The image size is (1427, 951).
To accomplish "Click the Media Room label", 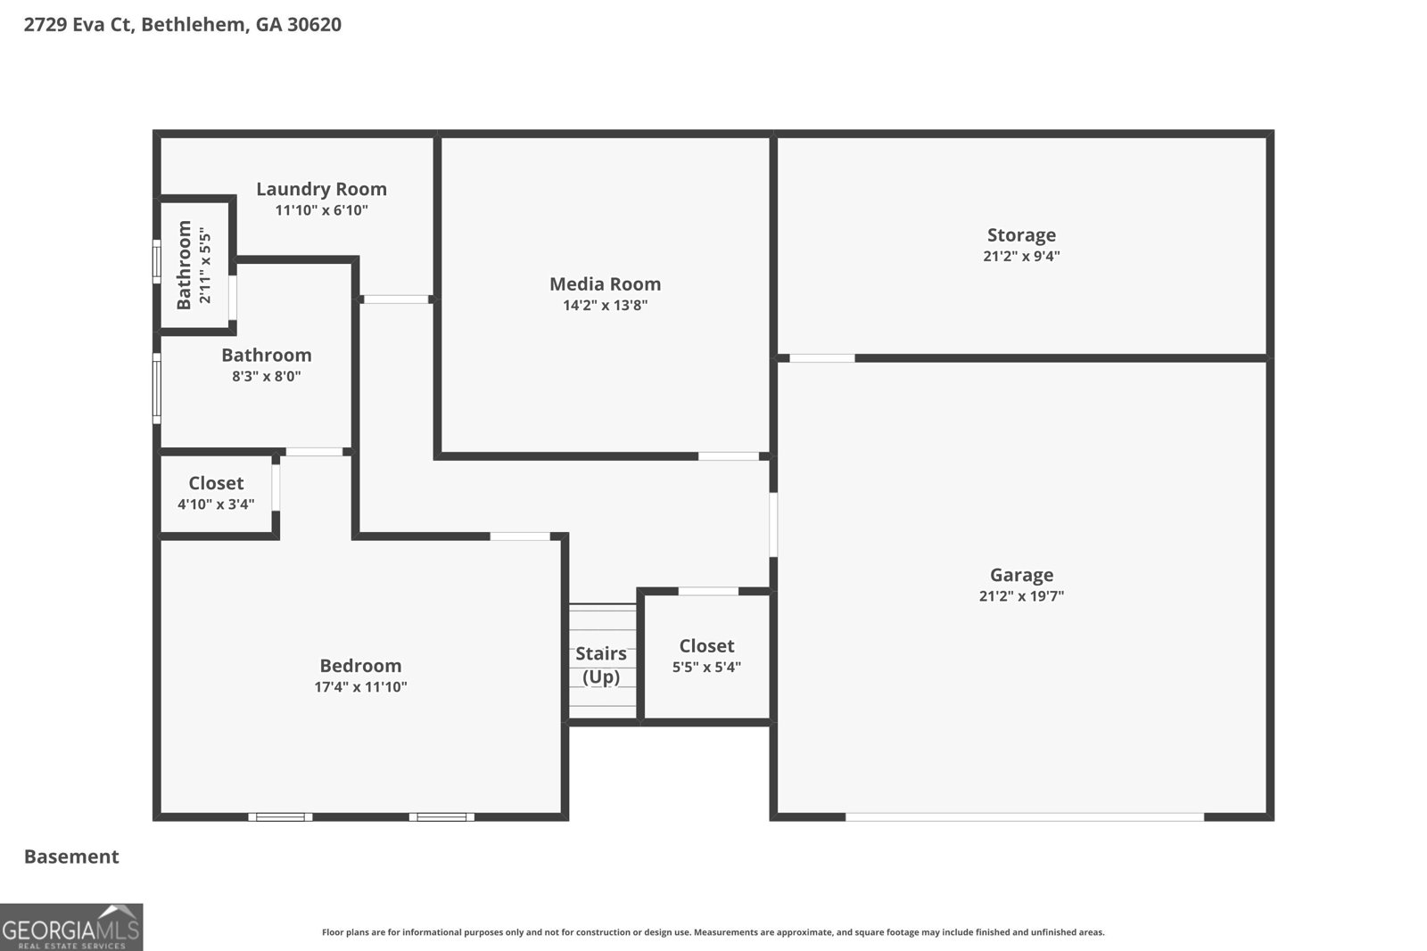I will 605,284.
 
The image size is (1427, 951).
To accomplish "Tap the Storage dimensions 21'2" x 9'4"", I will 1021,257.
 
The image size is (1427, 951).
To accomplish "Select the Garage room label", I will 1021,575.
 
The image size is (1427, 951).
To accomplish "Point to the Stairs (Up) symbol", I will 602,664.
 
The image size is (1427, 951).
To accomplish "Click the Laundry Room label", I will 321,189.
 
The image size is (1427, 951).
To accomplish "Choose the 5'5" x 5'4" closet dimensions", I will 706,667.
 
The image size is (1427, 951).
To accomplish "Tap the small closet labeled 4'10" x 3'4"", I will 216,493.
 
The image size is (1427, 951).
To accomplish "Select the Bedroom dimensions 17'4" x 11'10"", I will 360,687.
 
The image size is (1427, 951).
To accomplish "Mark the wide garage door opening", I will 1024,816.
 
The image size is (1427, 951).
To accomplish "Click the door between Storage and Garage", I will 821,358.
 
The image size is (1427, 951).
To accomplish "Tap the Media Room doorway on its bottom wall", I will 728,456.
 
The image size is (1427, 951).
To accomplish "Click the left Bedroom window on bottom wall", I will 280,816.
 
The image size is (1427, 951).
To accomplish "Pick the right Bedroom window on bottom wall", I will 441,816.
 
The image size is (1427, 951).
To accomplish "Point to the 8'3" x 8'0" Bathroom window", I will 157,388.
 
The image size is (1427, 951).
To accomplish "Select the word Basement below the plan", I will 71,857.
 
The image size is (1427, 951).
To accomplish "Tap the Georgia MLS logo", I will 70,927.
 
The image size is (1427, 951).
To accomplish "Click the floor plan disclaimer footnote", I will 713,932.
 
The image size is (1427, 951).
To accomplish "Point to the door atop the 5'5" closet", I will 708,591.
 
